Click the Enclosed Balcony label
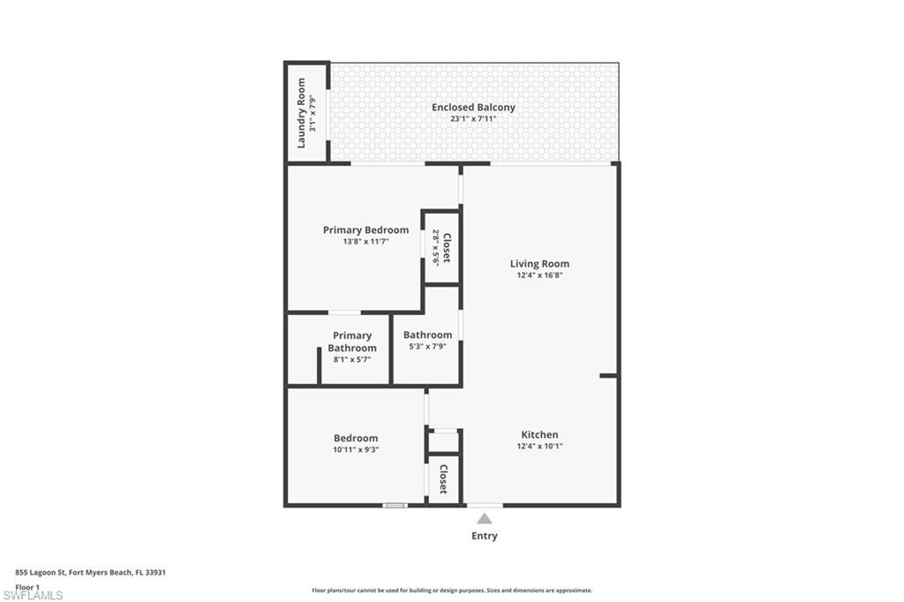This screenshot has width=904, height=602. pyautogui.click(x=473, y=108)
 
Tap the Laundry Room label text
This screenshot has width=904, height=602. pyautogui.click(x=301, y=113)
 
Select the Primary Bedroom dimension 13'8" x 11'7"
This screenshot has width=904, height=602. pyautogui.click(x=365, y=241)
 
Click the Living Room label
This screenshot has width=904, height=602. pyautogui.click(x=539, y=263)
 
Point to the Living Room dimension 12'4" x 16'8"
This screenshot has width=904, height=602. pyautogui.click(x=539, y=275)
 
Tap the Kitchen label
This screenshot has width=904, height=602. pyautogui.click(x=539, y=434)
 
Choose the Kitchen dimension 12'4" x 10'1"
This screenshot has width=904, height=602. pyautogui.click(x=539, y=446)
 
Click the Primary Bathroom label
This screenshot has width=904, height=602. pyautogui.click(x=351, y=342)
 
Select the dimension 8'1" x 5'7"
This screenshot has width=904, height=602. pyautogui.click(x=351, y=359)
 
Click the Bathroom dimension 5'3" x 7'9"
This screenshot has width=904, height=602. pyautogui.click(x=427, y=346)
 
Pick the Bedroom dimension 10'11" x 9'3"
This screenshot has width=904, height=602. pyautogui.click(x=356, y=449)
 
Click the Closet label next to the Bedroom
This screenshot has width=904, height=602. pyautogui.click(x=443, y=479)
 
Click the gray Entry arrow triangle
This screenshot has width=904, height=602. pyautogui.click(x=484, y=519)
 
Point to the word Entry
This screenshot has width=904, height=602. pyautogui.click(x=484, y=536)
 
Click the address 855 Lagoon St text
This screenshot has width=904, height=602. pyautogui.click(x=91, y=572)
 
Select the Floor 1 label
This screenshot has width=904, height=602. pyautogui.click(x=28, y=587)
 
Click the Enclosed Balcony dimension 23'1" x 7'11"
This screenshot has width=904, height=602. pyautogui.click(x=473, y=118)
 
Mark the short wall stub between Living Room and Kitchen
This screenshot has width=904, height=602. pyautogui.click(x=608, y=376)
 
